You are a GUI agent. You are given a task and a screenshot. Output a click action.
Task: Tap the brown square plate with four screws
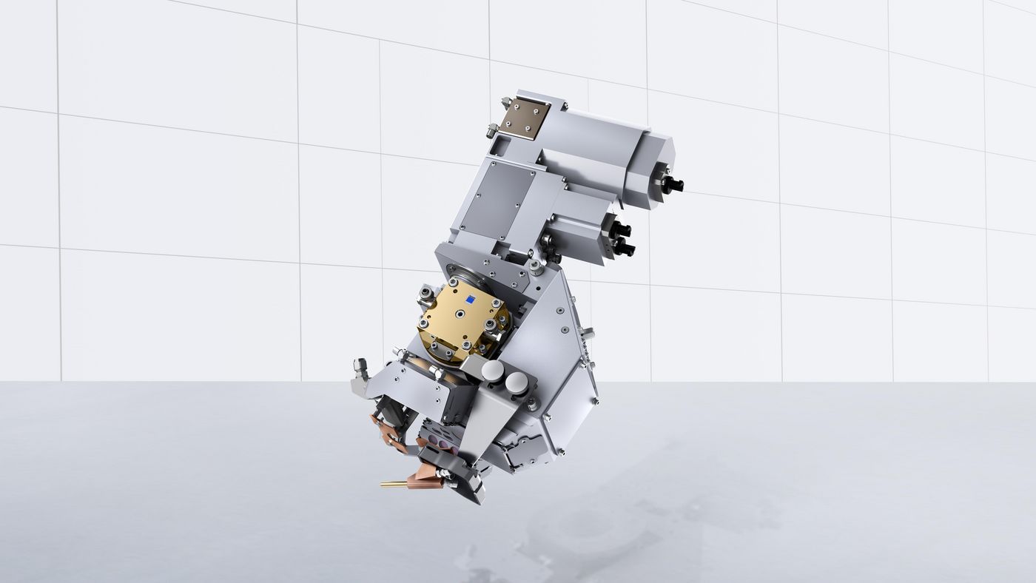pos(525,115)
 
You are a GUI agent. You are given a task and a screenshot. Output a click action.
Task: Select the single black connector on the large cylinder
pos(673,184)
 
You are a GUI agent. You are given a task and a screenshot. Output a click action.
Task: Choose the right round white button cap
pos(517,382)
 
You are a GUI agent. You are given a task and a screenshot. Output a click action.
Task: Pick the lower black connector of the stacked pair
pos(624,248)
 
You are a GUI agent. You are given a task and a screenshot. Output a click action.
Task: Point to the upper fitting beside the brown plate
pos(505,101)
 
